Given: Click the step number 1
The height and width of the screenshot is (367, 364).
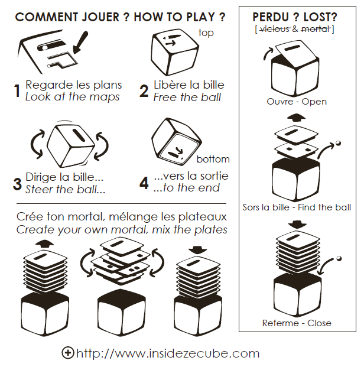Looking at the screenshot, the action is click(17, 91).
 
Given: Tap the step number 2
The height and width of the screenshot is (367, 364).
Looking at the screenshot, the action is click(144, 91).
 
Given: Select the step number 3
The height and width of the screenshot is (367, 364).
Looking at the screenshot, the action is click(17, 184).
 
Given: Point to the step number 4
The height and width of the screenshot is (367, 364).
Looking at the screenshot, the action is click(144, 183).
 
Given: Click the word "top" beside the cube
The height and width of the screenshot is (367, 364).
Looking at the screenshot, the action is click(206, 33).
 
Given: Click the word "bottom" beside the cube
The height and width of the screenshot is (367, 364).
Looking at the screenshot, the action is click(213, 159).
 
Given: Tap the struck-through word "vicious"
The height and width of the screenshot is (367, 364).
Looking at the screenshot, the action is click(275, 29).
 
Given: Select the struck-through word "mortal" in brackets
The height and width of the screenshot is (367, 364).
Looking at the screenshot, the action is click(316, 29).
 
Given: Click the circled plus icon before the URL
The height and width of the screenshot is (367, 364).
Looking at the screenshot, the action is click(68, 352).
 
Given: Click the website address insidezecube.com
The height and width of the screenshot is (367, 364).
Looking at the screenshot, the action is click(168, 353).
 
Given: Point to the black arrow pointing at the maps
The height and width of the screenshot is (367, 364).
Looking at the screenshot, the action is click(80, 43).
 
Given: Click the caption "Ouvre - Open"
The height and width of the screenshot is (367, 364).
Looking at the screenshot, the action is click(297, 102).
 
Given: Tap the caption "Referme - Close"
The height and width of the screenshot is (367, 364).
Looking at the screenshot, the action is click(297, 323).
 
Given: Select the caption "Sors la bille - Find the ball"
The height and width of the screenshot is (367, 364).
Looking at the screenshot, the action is click(297, 207).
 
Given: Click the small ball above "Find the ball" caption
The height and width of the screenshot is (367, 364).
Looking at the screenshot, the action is click(338, 143).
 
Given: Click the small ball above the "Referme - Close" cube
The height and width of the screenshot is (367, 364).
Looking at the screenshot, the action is click(339, 259).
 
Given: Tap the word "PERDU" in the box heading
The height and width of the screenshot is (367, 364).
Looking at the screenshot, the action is click(271, 17).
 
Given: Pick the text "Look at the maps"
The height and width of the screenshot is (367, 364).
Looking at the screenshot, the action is click(72, 97).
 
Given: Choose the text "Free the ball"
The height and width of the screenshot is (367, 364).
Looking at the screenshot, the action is click(187, 98).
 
